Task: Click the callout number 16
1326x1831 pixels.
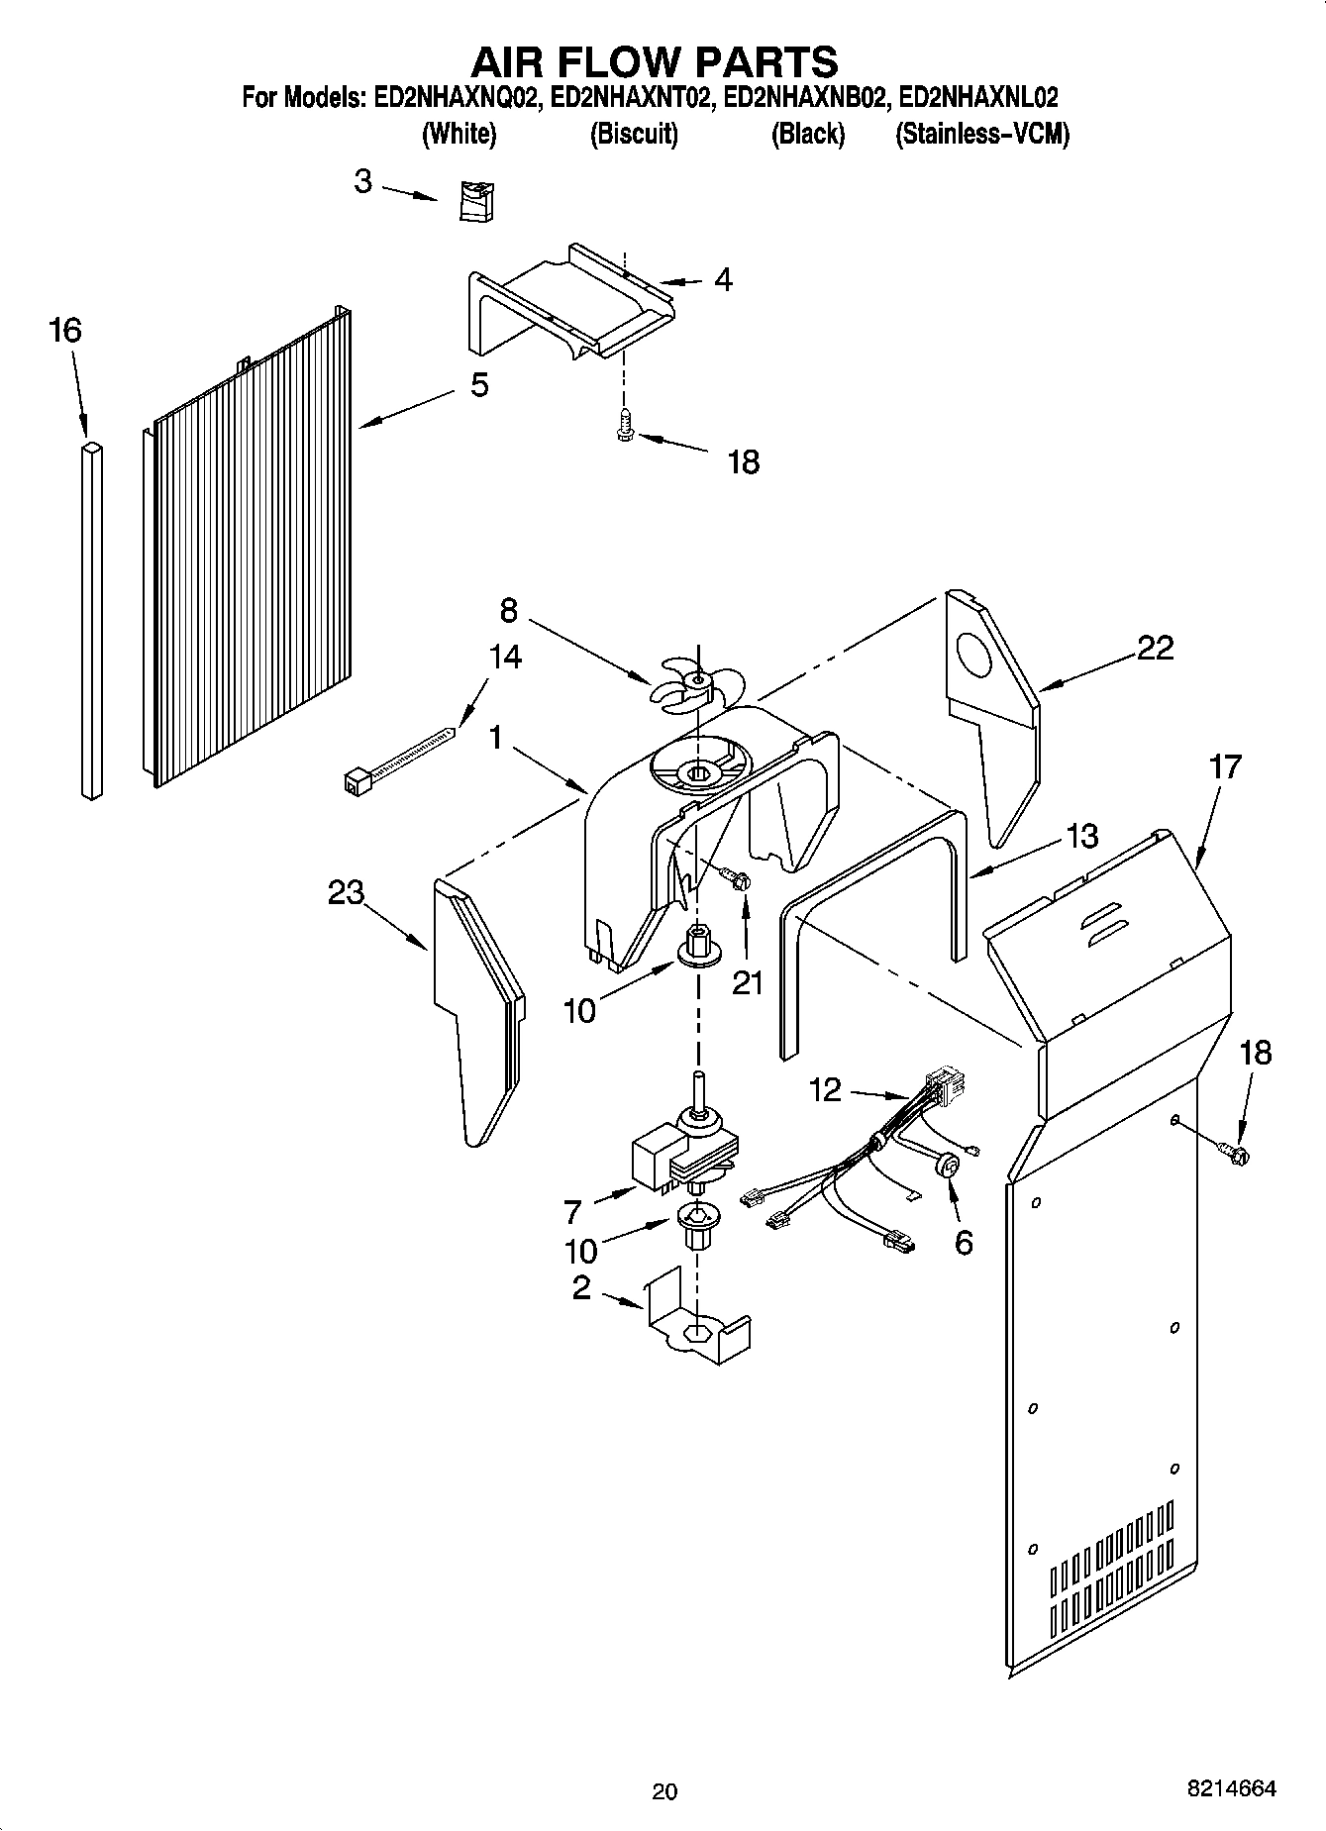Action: click(x=65, y=330)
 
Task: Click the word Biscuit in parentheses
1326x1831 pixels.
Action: click(x=634, y=135)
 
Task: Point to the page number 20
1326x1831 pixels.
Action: click(x=664, y=1790)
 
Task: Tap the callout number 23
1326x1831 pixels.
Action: click(x=347, y=893)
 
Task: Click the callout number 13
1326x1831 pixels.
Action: click(x=1082, y=837)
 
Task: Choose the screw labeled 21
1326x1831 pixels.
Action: click(x=737, y=878)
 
